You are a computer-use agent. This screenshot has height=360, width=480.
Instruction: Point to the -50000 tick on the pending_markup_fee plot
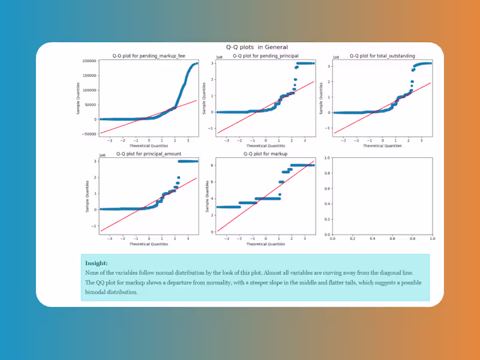pyautogui.click(x=90, y=134)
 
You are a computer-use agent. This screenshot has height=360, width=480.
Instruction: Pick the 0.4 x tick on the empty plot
pyautogui.click(x=373, y=239)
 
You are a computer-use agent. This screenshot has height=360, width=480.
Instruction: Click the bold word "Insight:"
pyautogui.click(x=96, y=263)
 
